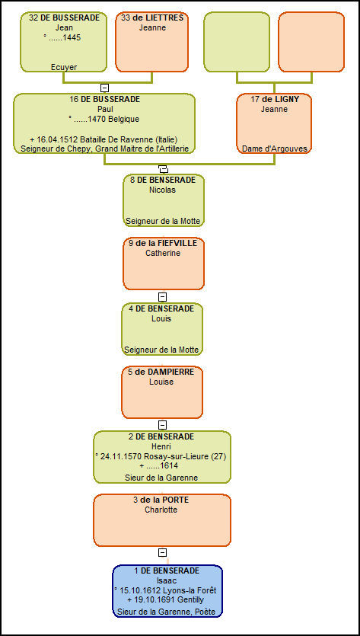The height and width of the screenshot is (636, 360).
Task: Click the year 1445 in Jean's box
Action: tap(73, 38)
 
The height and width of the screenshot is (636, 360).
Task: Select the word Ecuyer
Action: tap(64, 67)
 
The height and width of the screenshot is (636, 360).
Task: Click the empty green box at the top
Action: tap(237, 42)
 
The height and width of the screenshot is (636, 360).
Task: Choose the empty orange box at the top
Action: tap(311, 42)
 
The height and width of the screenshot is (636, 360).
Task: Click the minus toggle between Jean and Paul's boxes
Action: tap(104, 88)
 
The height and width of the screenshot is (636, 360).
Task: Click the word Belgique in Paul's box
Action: tap(126, 120)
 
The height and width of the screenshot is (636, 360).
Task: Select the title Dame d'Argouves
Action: tap(275, 149)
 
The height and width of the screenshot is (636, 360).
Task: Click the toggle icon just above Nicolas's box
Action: tap(163, 169)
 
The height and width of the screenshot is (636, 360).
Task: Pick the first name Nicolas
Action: tap(163, 190)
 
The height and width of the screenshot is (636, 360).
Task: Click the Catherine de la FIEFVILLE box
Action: tap(164, 264)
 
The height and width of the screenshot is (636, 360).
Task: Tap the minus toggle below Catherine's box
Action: tap(162, 297)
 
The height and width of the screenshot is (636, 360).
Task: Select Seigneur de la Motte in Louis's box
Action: tap(161, 350)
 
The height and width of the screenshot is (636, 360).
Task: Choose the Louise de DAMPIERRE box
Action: tap(162, 392)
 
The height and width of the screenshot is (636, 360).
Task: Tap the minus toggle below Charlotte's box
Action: tap(162, 552)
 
